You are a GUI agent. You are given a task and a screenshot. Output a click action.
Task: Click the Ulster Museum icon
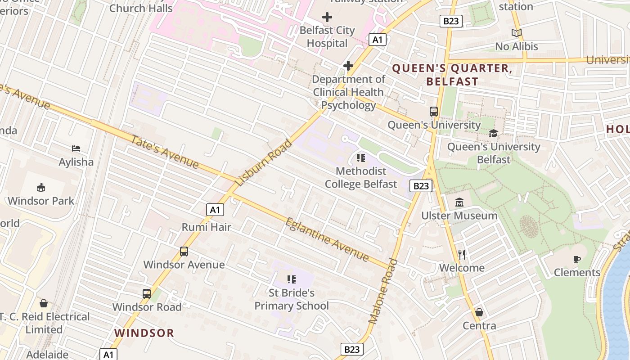pos(459,202)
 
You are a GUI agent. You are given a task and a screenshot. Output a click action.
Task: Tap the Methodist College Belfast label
pos(361,178)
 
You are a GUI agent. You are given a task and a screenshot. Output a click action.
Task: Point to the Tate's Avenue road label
pos(164,152)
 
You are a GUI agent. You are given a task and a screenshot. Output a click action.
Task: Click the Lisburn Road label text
pos(264,162)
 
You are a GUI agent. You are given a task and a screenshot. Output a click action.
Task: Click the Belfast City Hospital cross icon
pos(327,18)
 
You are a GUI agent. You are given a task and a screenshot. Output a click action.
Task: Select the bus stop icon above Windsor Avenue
pos(184,252)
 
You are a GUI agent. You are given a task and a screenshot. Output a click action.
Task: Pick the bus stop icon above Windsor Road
pos(147,294)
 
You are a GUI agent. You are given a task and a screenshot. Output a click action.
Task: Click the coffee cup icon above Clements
pos(577,259)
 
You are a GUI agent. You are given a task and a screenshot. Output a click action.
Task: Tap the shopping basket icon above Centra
pos(479,312)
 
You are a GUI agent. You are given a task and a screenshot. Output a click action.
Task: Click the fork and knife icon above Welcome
pos(462,255)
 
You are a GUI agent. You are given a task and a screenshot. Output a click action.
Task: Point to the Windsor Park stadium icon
pos(40,187)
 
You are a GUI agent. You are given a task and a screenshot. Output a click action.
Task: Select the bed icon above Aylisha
pos(76,148)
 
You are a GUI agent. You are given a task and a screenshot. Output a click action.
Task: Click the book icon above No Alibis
pos(517,33)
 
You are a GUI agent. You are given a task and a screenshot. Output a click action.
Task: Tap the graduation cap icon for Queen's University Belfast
pos(494,134)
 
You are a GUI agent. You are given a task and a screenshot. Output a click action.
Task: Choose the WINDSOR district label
pos(144,333)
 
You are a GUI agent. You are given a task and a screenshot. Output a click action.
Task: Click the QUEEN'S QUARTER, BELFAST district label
pos(452,75)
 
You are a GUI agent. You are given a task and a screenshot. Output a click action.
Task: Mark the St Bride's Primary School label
pos(292,299)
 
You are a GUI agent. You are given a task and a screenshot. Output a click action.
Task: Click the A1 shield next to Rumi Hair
pos(215,209)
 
